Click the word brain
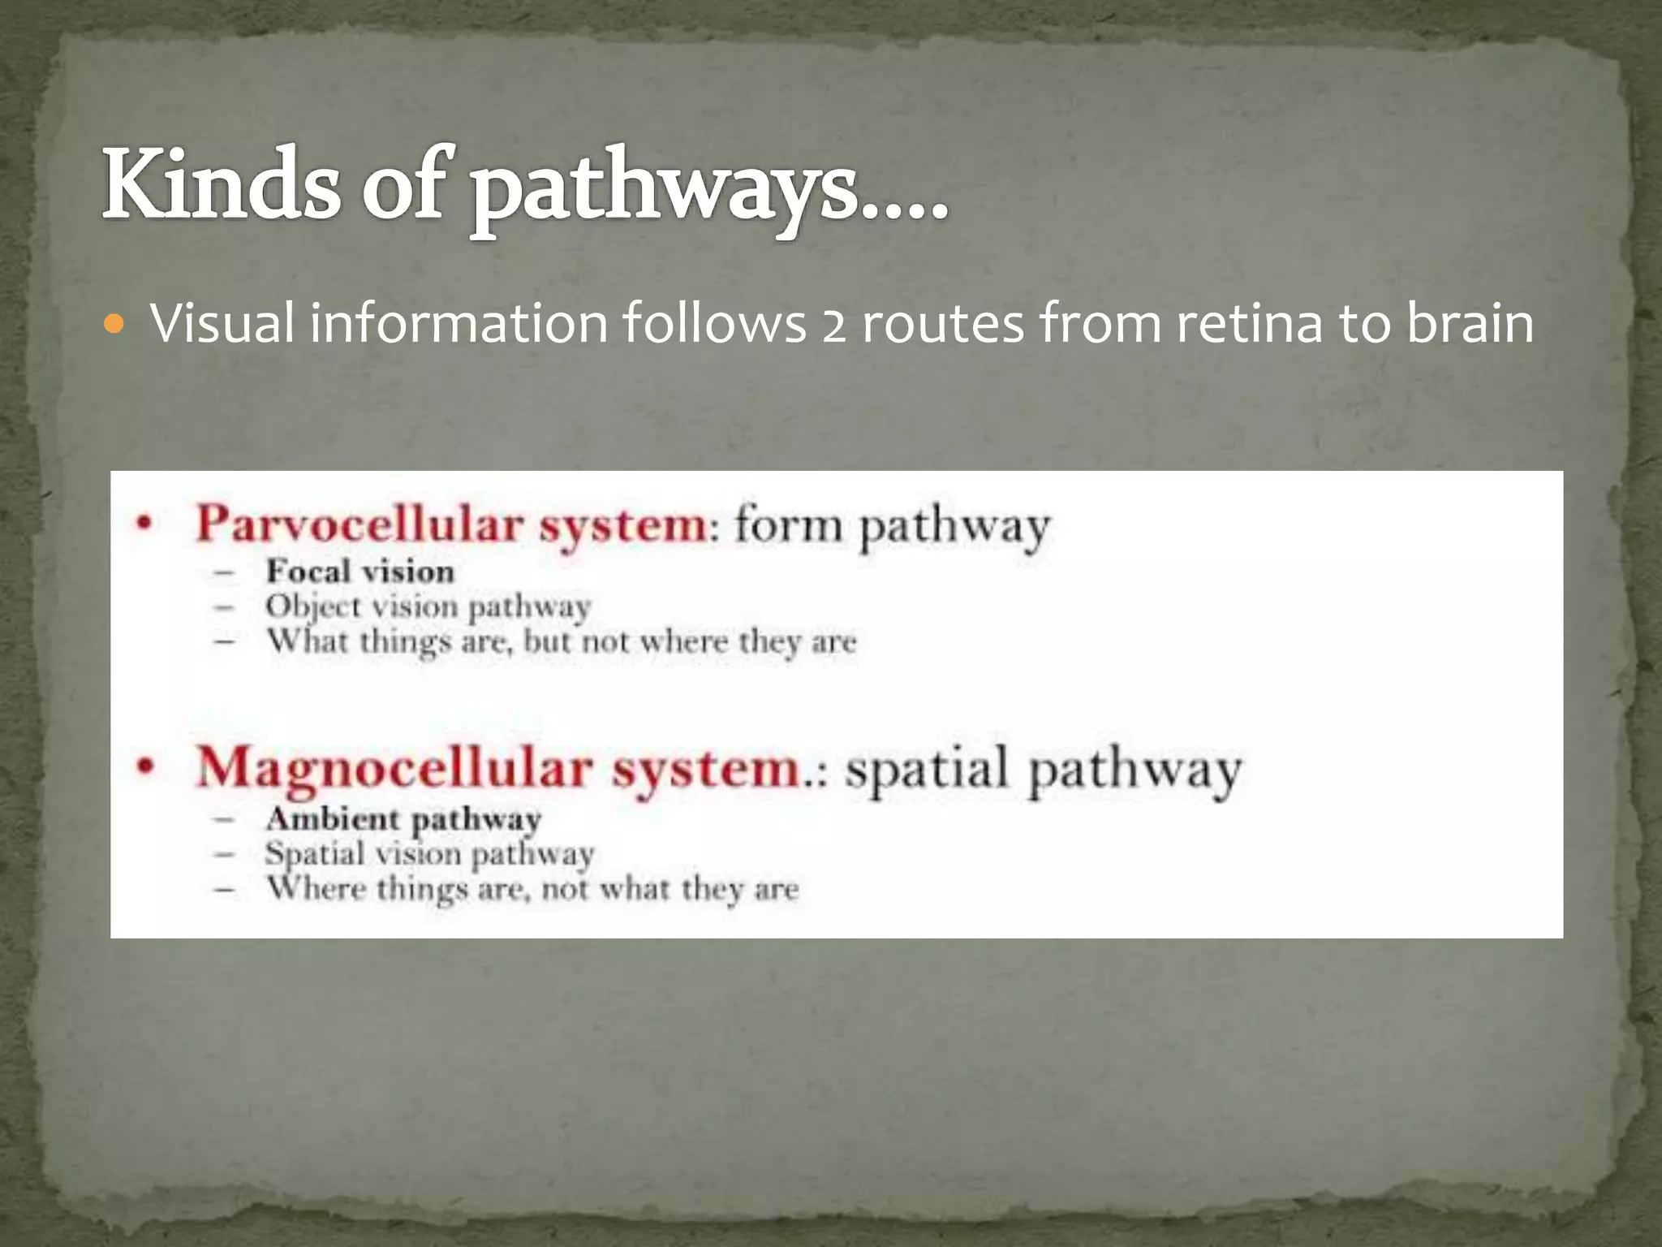1469,323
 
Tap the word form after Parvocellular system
789,525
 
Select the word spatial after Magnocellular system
926,769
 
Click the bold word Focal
308,572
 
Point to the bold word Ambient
333,818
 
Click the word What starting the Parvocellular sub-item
308,641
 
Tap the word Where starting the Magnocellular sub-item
316,888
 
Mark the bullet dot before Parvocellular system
144,524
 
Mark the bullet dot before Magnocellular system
144,766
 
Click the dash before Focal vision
224,572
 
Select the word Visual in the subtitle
222,323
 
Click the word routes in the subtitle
943,323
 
